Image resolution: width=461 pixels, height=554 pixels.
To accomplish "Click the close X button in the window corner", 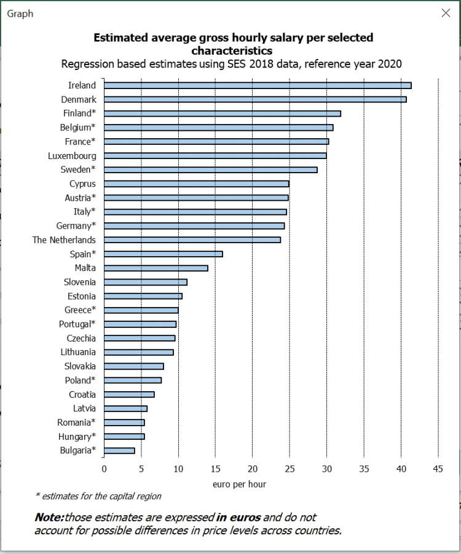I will click(446, 13).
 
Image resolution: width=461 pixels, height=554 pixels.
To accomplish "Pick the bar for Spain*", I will click(164, 254).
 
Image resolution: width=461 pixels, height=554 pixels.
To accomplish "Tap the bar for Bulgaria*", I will click(119, 450).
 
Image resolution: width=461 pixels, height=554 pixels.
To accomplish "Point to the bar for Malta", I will click(156, 268).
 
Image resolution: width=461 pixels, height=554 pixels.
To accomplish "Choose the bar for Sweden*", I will click(211, 170).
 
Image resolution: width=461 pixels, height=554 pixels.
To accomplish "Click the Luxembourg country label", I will click(72, 155).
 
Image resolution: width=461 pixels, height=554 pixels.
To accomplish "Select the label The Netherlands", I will click(64, 240).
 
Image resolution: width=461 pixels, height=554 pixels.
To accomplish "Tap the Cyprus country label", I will click(82, 184).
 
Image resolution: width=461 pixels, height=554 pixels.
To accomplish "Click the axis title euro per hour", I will click(240, 484).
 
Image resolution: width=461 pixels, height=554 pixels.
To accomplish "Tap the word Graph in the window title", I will click(20, 14).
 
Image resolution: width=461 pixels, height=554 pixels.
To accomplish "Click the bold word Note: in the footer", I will click(49, 517).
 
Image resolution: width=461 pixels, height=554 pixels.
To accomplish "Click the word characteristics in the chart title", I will click(232, 50).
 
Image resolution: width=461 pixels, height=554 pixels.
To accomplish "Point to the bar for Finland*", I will click(223, 113).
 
